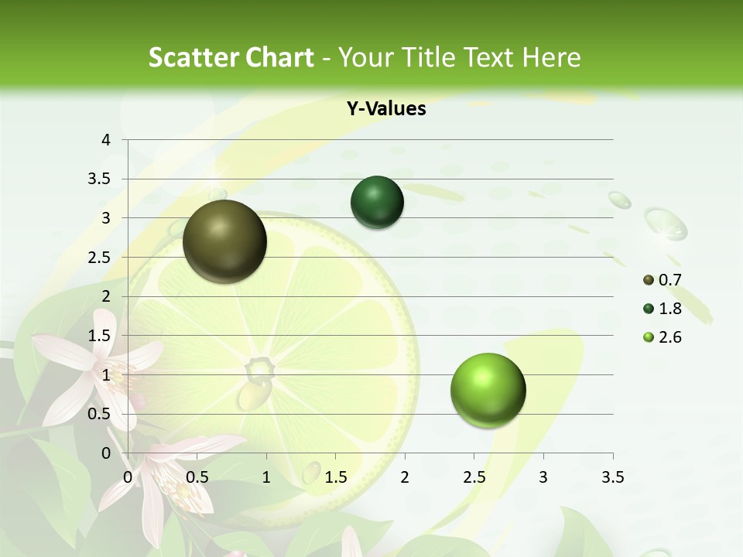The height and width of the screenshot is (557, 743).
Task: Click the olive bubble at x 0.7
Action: (224, 241)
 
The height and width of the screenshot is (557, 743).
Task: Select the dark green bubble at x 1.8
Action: (377, 202)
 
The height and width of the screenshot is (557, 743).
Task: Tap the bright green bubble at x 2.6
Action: (488, 389)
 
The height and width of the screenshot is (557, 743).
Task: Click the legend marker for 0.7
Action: (649, 280)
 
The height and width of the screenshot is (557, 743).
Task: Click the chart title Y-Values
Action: (386, 109)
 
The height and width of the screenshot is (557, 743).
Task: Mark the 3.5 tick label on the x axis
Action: (612, 477)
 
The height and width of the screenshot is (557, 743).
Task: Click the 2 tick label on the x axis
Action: (405, 477)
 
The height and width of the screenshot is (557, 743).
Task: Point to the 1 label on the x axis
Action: (266, 477)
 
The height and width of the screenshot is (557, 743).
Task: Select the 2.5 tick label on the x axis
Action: (474, 477)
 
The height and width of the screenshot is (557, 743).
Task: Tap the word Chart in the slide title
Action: (279, 57)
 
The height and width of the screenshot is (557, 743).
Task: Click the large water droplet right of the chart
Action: (666, 224)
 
